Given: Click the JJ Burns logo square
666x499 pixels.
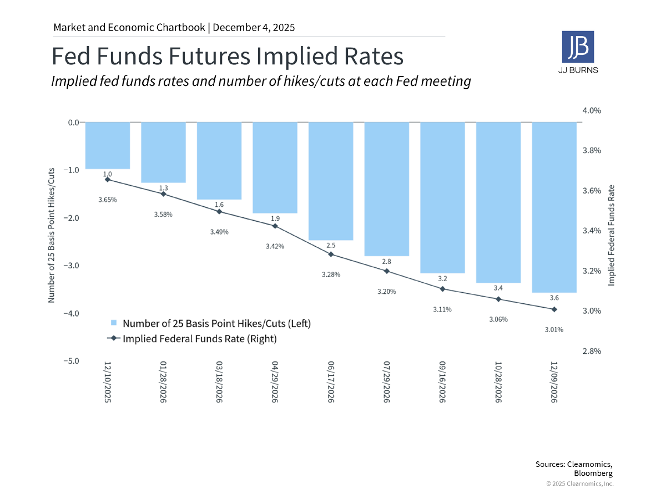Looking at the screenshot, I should [x=578, y=46].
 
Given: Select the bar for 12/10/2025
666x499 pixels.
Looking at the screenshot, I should [x=108, y=145].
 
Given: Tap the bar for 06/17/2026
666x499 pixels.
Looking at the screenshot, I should [x=331, y=181].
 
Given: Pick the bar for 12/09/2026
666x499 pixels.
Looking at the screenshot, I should [x=554, y=207].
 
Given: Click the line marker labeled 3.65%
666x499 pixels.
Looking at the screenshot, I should [x=108, y=179].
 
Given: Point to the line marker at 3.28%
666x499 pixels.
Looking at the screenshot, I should [x=331, y=254].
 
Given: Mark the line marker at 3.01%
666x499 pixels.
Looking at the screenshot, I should [x=554, y=309].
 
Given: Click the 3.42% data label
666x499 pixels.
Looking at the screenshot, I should [x=275, y=246].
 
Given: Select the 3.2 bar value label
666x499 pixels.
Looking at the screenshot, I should [x=442, y=278].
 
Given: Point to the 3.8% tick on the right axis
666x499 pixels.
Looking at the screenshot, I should [x=591, y=151].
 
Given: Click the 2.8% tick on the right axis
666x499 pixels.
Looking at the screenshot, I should [x=591, y=351].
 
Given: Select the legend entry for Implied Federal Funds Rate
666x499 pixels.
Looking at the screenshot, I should [x=199, y=338].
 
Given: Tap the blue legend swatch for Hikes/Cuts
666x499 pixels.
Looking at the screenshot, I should [x=114, y=323].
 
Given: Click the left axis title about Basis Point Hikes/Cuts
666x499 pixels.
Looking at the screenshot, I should [x=52, y=235].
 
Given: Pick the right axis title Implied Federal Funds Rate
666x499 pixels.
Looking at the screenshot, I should [x=612, y=236].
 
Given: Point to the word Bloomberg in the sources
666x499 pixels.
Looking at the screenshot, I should [x=593, y=473].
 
